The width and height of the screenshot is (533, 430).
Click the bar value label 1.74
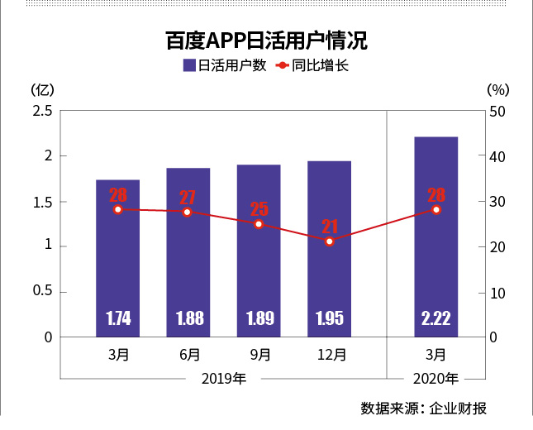pyautogui.click(x=118, y=318)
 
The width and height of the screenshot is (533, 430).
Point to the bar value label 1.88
pyautogui.click(x=188, y=318)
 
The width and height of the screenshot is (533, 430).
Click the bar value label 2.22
pyautogui.click(x=435, y=318)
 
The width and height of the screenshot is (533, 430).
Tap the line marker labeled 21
pyautogui.click(x=330, y=241)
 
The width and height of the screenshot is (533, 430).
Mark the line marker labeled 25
pyautogui.click(x=259, y=224)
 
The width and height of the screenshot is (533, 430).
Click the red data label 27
pyautogui.click(x=188, y=198)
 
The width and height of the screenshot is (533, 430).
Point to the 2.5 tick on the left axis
pyautogui.click(x=42, y=111)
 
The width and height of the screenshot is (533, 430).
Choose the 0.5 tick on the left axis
pyautogui.click(x=42, y=292)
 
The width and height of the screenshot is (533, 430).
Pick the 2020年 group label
pyautogui.click(x=435, y=379)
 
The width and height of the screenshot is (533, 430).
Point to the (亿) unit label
pyautogui.click(x=41, y=89)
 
